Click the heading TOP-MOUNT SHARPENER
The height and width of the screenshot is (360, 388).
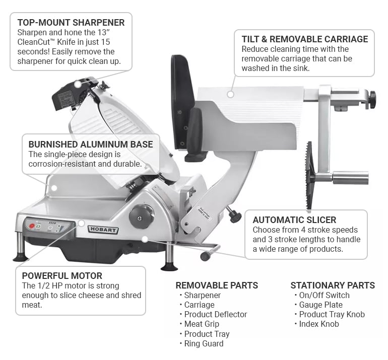(71, 23)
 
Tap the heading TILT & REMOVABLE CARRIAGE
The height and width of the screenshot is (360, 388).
(304, 39)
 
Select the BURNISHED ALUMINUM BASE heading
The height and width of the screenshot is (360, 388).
(90, 145)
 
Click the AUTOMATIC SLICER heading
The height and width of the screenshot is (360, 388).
(294, 220)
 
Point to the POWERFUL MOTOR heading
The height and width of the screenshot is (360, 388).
(62, 275)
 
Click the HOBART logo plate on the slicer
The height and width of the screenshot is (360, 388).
(103, 229)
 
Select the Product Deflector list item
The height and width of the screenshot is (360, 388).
(215, 314)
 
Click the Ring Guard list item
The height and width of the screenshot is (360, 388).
(204, 343)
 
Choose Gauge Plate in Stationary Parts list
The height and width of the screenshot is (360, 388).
(320, 305)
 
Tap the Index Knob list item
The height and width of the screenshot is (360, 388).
(319, 324)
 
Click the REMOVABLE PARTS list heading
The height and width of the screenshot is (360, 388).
(217, 285)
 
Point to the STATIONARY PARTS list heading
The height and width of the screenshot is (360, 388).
(333, 285)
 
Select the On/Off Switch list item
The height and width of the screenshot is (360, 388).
(324, 295)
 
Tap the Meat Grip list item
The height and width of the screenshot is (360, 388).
(202, 324)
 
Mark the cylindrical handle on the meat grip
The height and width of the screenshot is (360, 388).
(350, 177)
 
